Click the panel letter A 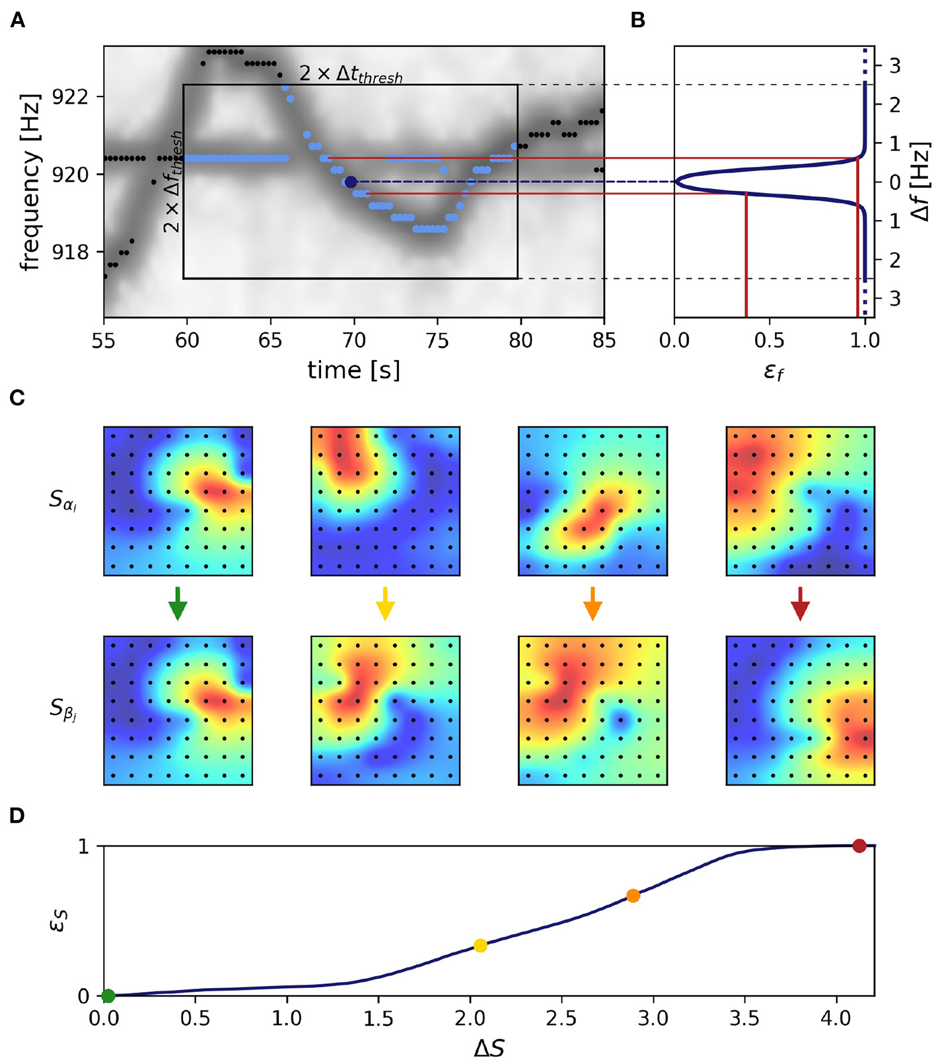(x=18, y=21)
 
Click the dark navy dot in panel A (x=351, y=182)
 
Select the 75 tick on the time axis (x=437, y=340)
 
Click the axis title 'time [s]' (x=353, y=370)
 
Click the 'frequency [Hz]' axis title (x=30, y=182)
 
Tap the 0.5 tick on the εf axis (x=770, y=340)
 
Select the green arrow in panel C (x=178, y=603)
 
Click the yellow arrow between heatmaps (x=385, y=603)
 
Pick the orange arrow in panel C (x=593, y=603)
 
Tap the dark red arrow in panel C (x=800, y=603)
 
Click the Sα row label (x=63, y=500)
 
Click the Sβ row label (x=63, y=710)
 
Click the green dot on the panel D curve (x=108, y=995)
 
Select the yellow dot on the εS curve (x=480, y=946)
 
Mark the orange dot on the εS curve (x=633, y=896)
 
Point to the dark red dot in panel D (x=859, y=846)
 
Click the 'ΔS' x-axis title (x=489, y=1048)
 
